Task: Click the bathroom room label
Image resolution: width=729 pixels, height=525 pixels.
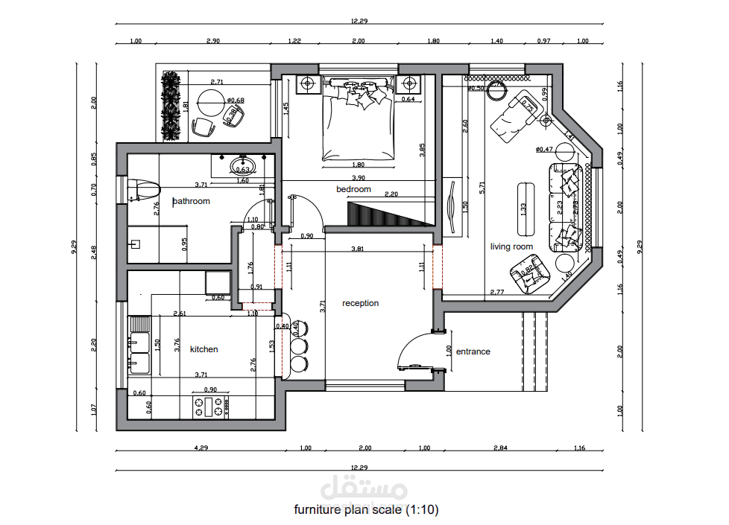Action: point(192,201)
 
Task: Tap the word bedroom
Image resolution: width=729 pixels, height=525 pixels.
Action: point(353,189)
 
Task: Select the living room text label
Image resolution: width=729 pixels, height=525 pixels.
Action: point(511,246)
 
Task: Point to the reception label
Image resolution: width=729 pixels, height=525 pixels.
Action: point(360,303)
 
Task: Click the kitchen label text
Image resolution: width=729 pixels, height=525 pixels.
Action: point(203,349)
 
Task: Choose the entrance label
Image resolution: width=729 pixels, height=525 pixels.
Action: point(473,351)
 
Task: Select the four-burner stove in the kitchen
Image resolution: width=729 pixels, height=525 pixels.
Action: point(210,406)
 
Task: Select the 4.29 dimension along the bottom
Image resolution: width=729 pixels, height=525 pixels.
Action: point(201,448)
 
